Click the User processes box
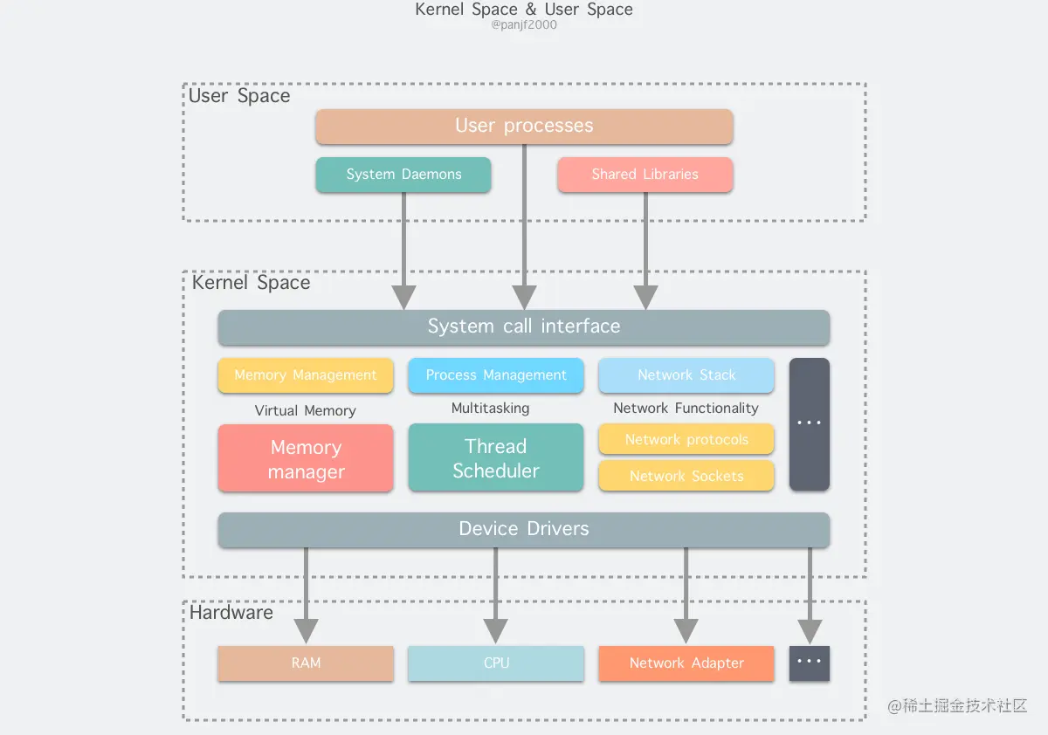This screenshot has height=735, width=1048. tap(524, 127)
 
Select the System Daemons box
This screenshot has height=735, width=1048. tap(403, 175)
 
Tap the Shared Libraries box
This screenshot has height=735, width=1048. tap(645, 175)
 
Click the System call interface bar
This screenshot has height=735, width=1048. tap(524, 327)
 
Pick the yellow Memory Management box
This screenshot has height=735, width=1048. tap(306, 375)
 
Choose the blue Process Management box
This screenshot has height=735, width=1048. tap(496, 375)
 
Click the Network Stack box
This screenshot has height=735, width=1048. tap(686, 375)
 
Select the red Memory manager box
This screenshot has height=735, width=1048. tap(306, 459)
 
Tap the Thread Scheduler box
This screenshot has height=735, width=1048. tap(496, 458)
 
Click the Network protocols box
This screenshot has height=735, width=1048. tap(686, 440)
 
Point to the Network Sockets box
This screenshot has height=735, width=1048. tap(686, 476)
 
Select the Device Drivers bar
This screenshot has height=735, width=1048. tap(524, 529)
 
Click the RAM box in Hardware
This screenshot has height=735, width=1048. tap(306, 663)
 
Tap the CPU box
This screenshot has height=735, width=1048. tap(496, 663)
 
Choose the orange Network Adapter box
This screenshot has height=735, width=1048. tap(686, 663)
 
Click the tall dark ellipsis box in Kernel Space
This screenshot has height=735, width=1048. tap(810, 424)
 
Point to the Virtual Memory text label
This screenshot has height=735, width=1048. tap(306, 410)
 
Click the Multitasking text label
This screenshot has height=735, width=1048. tap(490, 408)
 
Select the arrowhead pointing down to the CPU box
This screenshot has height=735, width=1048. tap(496, 630)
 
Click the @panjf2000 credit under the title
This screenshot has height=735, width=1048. tap(524, 25)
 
